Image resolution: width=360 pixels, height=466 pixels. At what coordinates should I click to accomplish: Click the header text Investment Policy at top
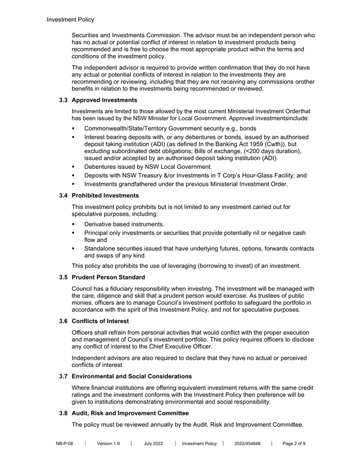coord(70,20)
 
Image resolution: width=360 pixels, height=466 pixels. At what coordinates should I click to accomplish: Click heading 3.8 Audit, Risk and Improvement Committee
coord(130,413)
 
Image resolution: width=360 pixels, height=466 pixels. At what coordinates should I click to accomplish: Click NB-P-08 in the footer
coord(64,443)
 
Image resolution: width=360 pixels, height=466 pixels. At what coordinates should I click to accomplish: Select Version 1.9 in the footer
coord(108,443)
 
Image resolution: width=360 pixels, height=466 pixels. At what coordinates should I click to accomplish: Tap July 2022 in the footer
coord(153,443)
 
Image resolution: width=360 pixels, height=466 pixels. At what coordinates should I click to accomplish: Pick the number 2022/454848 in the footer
coord(247,443)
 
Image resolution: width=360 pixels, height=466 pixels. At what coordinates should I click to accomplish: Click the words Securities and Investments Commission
coord(129,35)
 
